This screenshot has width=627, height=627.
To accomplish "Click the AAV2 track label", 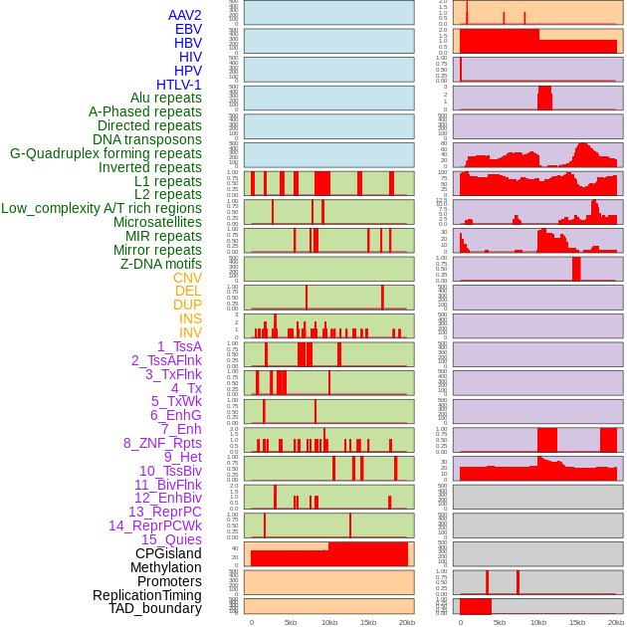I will tap(185, 15).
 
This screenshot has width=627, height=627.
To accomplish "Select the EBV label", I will tap(188, 29).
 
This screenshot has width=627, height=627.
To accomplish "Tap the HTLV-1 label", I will tap(179, 85).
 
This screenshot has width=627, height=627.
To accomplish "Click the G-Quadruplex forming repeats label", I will tap(105, 153).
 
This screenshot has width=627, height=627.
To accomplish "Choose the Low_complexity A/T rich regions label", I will tap(102, 208).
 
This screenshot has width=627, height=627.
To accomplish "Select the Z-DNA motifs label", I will tap(161, 264).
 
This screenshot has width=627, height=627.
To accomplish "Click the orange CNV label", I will tap(187, 278).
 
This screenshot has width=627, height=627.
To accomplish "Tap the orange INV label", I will tap(190, 332).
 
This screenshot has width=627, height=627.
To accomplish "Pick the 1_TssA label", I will tap(179, 346).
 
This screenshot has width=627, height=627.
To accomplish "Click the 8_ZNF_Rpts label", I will tap(162, 443).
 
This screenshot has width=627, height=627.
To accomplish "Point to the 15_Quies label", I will tap(171, 539).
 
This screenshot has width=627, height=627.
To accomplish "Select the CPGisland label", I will tap(168, 553).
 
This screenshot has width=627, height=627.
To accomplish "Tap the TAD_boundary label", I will tap(155, 608).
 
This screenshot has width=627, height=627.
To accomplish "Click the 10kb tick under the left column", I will tap(328, 622).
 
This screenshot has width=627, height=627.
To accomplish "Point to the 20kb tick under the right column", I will tap(616, 622).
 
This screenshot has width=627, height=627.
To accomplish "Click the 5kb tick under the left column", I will tap(291, 622).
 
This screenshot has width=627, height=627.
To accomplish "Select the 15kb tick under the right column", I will tap(577, 622).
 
